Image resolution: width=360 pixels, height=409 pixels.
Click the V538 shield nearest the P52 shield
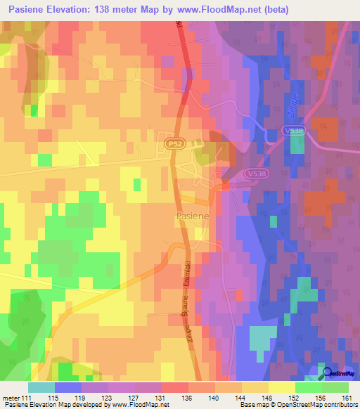point(256,173)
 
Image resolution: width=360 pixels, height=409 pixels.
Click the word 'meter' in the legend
point(11,398)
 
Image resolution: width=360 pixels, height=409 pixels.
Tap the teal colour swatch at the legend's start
point(41,387)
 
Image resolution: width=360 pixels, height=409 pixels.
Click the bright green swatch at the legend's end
point(335,387)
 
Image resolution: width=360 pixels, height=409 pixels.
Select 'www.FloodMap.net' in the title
point(217,10)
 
